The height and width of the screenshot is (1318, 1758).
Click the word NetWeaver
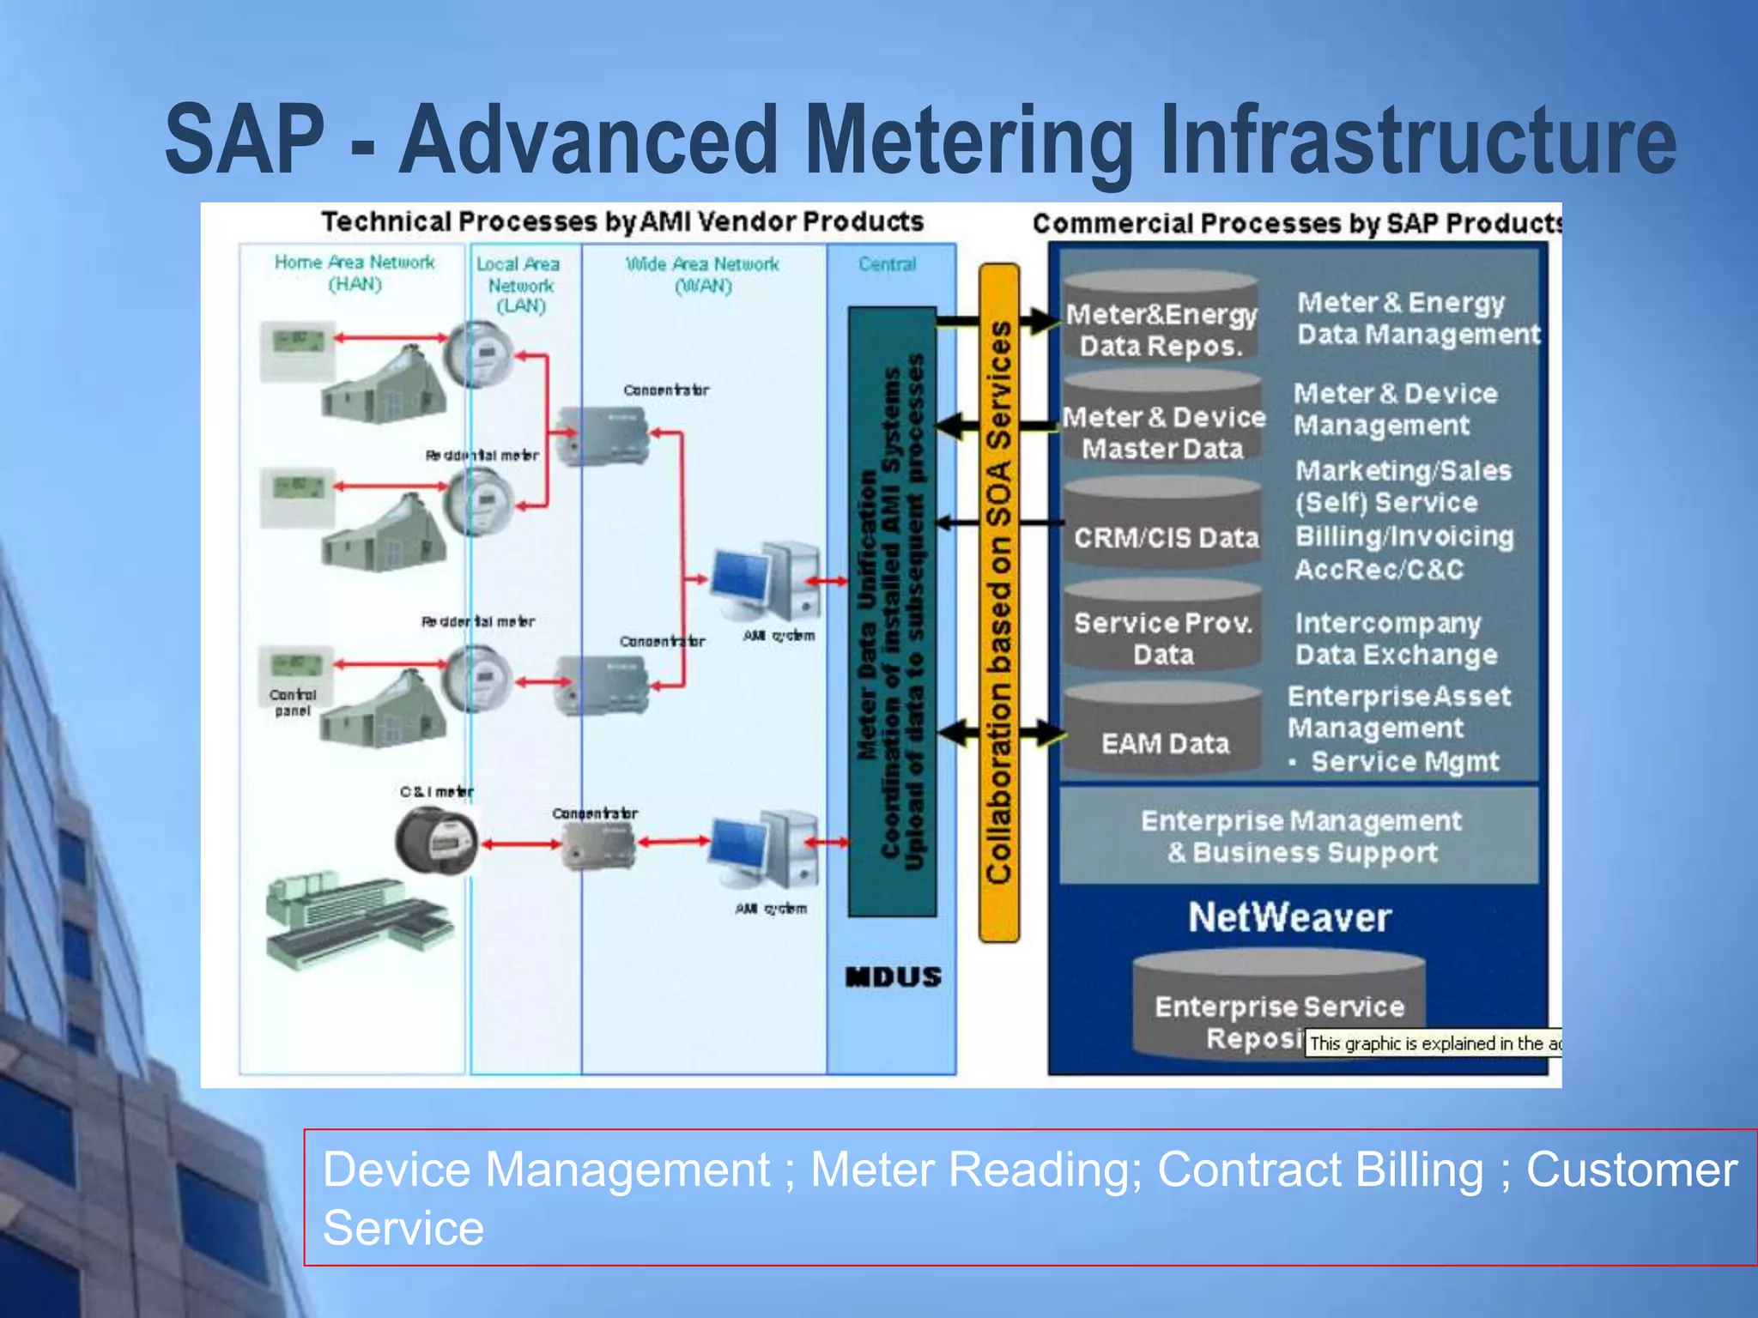click(1289, 917)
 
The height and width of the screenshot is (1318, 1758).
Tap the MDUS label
click(893, 977)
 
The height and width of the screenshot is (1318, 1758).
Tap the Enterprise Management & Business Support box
click(1300, 837)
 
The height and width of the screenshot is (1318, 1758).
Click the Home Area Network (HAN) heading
click(355, 273)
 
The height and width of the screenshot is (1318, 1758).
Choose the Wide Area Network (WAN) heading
click(702, 275)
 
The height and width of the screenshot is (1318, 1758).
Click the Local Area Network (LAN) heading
click(519, 285)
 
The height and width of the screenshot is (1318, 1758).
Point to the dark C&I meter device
click(435, 842)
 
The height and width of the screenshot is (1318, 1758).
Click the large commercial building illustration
click(356, 922)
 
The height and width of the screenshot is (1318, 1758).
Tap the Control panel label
click(293, 703)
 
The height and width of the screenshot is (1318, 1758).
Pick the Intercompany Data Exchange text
click(1396, 639)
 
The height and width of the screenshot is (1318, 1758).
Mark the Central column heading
click(888, 264)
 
